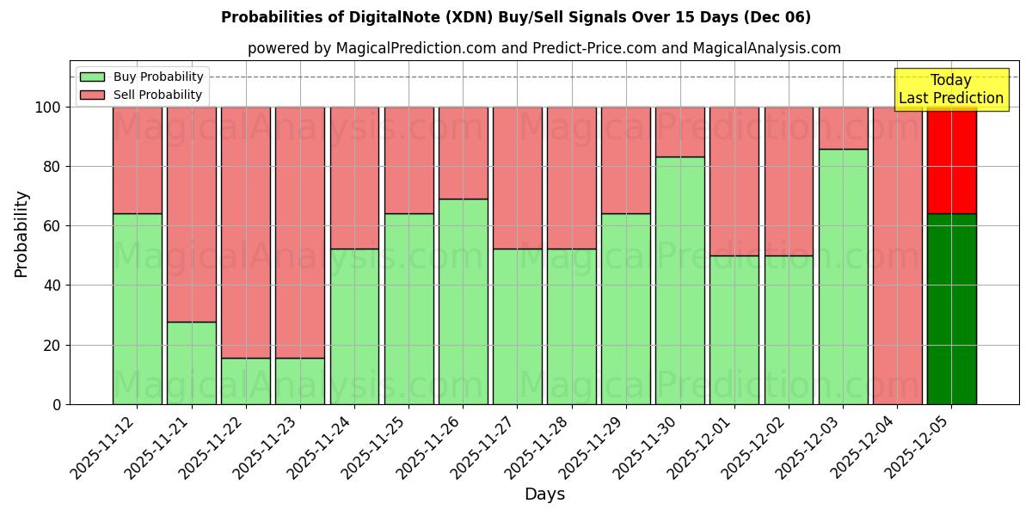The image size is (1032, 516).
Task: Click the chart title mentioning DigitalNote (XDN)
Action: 516,17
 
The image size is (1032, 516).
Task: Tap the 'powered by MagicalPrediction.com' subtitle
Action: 544,48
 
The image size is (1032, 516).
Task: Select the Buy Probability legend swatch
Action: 92,77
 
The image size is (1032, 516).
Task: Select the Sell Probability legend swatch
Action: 92,95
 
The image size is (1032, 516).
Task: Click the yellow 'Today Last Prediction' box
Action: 950,89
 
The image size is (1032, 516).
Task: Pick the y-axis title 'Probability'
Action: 21,234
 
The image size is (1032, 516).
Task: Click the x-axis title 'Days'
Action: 544,494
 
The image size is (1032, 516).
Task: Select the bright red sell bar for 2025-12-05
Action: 951,161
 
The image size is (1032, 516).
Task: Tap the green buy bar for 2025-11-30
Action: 679,280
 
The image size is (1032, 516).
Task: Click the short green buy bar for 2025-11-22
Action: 246,381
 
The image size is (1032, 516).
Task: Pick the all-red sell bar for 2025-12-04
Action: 897,255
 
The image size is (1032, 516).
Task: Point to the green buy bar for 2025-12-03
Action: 843,276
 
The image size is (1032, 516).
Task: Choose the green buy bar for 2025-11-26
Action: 463,301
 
